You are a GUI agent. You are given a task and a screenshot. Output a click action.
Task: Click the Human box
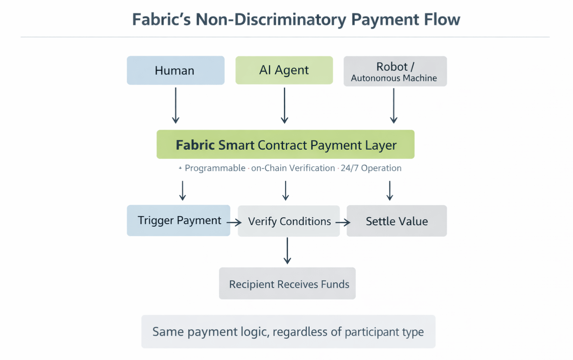(176, 71)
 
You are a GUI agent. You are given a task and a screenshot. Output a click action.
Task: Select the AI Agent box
(284, 70)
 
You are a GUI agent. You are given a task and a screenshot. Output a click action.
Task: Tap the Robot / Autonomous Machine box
(395, 71)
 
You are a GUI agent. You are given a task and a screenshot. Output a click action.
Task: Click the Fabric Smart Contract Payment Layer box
(285, 145)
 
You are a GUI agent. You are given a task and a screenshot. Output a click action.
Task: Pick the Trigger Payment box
(178, 220)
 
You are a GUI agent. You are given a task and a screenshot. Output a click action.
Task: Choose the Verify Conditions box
(289, 221)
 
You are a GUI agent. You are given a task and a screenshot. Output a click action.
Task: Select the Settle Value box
(396, 221)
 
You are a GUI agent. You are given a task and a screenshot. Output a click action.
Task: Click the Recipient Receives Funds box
(287, 283)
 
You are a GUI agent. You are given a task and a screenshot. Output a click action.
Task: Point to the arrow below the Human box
(176, 105)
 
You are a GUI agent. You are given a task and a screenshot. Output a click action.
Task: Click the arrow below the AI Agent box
(284, 105)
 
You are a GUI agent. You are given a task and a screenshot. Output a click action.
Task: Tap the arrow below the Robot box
(393, 105)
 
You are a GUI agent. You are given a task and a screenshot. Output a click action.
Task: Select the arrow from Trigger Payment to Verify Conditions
(234, 223)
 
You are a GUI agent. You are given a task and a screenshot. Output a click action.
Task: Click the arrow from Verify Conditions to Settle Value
(343, 223)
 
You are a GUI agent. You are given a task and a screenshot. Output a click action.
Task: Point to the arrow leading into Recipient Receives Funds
(287, 251)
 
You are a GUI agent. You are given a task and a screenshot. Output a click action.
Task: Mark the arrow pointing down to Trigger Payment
(182, 190)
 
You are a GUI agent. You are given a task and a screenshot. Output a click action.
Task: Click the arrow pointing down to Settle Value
(390, 190)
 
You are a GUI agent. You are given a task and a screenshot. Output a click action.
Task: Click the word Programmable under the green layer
(215, 168)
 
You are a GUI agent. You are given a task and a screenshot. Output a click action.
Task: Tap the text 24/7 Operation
(371, 168)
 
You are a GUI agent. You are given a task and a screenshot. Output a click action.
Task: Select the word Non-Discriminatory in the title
(271, 19)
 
